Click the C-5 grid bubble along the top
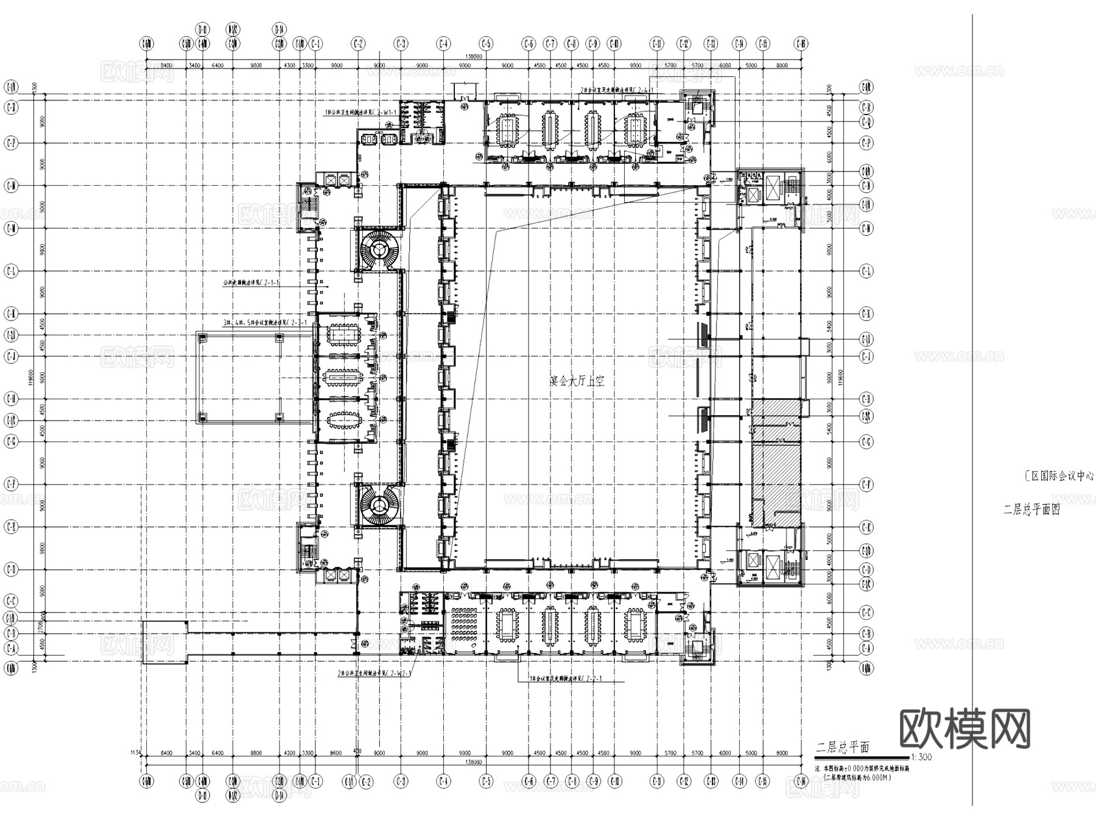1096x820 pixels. point(486,44)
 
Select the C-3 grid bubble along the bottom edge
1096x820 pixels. point(401,781)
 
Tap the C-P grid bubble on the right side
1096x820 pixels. point(866,143)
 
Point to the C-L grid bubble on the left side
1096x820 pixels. point(11,271)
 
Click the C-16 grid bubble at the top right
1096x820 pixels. point(801,44)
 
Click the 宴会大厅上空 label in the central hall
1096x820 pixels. point(577,382)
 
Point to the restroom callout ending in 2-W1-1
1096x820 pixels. point(360,113)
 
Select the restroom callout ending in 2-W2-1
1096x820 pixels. point(374,674)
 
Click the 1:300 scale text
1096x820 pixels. point(921,758)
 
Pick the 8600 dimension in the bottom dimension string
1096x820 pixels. point(335,753)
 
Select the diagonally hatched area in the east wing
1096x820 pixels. point(775,481)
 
